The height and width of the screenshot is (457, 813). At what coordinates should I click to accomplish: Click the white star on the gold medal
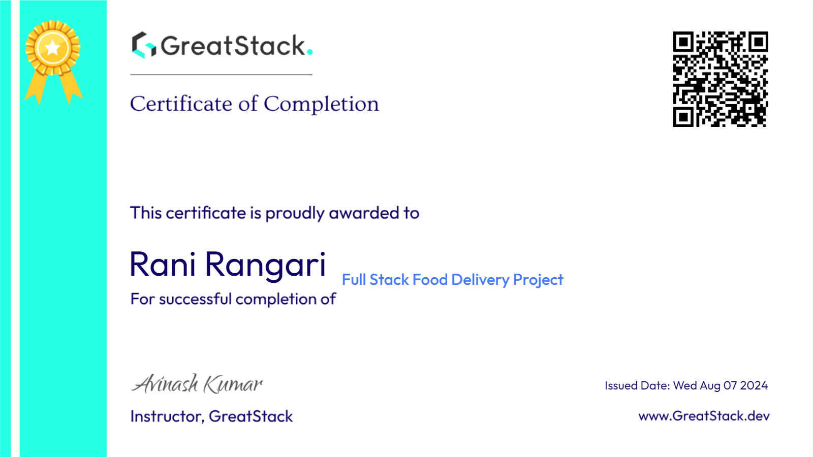[53, 48]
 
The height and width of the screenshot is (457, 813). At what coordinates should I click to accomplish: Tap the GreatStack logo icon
[144, 45]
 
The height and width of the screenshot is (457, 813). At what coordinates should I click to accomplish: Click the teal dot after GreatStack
[309, 52]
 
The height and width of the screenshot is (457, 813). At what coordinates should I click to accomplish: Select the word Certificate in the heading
[181, 104]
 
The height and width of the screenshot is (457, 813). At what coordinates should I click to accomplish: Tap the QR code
[721, 79]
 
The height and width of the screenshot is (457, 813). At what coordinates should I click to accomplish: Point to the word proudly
[295, 213]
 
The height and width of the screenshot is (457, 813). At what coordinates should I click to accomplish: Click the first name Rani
[163, 264]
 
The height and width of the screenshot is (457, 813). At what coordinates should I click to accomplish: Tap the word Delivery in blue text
[480, 280]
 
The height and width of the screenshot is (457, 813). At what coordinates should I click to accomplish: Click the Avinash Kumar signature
[196, 383]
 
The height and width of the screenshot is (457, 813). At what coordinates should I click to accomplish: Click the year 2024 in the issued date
[754, 385]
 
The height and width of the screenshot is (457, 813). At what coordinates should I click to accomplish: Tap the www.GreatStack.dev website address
[704, 416]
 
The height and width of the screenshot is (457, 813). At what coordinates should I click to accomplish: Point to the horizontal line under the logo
[221, 75]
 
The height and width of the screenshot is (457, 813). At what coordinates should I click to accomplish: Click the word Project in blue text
[538, 280]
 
